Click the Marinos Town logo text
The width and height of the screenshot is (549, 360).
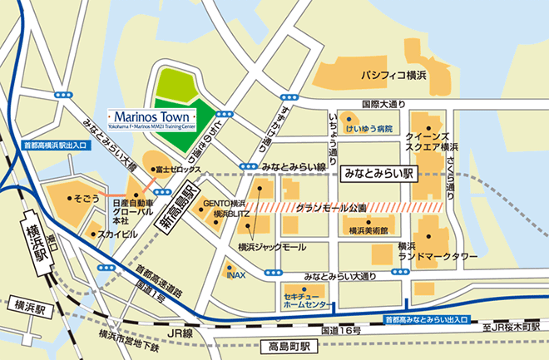pos(153,114)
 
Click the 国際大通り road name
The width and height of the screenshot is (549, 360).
pos(383,104)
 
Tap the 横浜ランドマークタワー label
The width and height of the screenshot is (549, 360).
pos(438,252)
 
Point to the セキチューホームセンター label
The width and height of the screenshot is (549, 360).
pos(304,299)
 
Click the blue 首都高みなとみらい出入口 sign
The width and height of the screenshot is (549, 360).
pos(425,319)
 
